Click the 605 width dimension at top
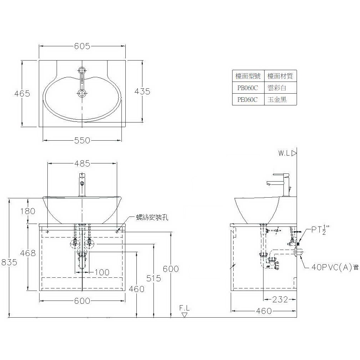[x=82, y=46]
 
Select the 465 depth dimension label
[x=22, y=93]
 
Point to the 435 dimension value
[x=142, y=92]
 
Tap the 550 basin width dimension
[x=82, y=140]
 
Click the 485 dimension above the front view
[x=82, y=163]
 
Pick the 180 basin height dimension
[x=28, y=211]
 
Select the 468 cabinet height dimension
[x=28, y=253]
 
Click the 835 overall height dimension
[x=9, y=262]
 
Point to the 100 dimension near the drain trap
[x=102, y=272]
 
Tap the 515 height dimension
[x=153, y=278]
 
